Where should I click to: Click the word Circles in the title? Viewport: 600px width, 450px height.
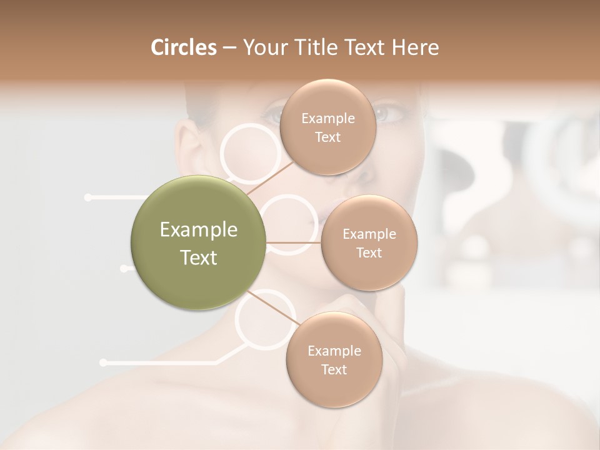[x=184, y=47]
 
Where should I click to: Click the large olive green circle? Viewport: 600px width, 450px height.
[x=199, y=242]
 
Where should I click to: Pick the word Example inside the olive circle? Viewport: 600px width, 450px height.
[x=199, y=230]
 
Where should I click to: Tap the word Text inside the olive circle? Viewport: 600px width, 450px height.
[x=199, y=257]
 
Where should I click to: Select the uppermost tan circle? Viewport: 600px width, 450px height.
[x=327, y=127]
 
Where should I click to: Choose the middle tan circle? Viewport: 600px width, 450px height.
[x=369, y=242]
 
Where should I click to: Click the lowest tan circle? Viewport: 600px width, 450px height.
[x=334, y=359]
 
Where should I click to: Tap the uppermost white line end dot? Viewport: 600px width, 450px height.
[x=87, y=197]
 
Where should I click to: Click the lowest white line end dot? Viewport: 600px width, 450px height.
[x=103, y=362]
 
